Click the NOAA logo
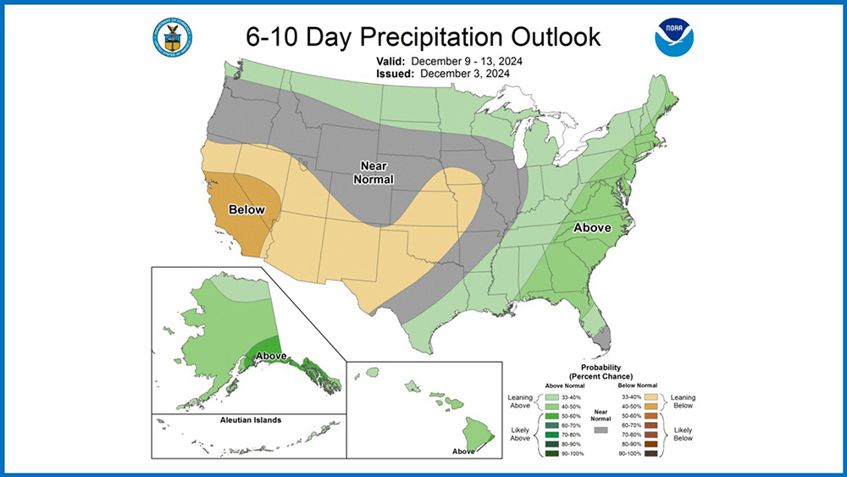(672, 37)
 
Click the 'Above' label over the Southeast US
(593, 228)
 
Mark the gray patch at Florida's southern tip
(602, 338)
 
